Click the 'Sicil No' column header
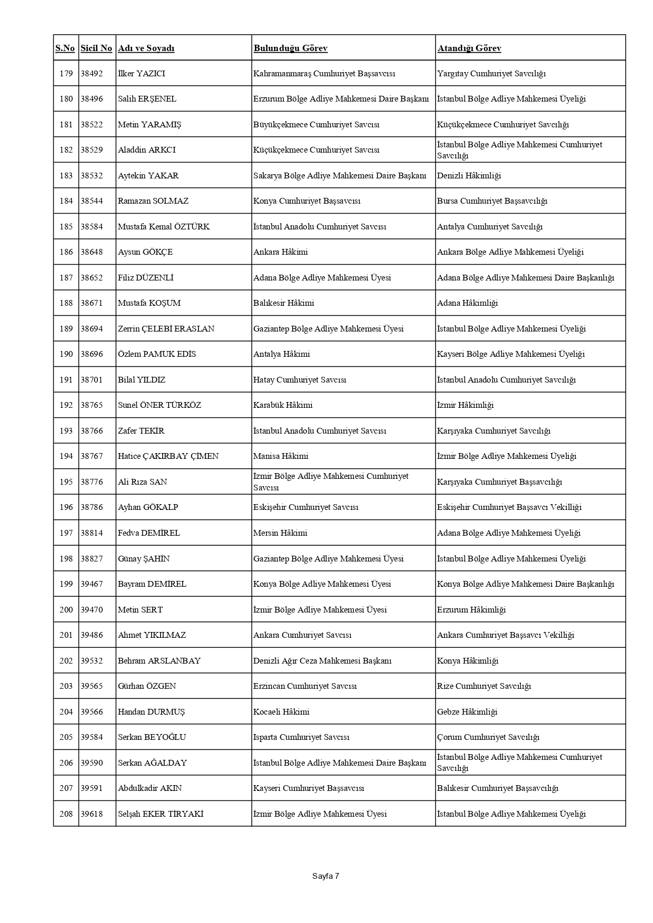[x=96, y=48]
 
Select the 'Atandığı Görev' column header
[x=469, y=48]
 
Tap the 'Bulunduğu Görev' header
[x=291, y=48]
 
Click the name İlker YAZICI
[x=142, y=74]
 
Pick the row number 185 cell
[x=66, y=227]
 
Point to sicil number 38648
[x=92, y=252]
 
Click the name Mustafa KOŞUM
[x=149, y=303]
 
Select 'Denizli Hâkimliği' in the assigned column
[x=469, y=176]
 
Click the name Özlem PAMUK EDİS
[x=157, y=354]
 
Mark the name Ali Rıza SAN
[x=142, y=482]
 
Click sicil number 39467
[x=92, y=584]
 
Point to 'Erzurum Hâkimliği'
[x=471, y=610]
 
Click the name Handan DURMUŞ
[x=152, y=712]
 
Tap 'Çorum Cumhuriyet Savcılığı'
[x=488, y=737]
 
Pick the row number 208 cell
[x=66, y=814]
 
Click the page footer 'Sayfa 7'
[x=325, y=876]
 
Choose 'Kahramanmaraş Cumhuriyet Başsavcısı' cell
[x=324, y=74]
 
